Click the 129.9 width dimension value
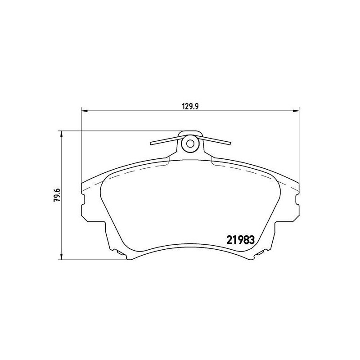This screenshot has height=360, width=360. [x=190, y=106]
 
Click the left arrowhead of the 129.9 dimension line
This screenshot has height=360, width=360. [x=84, y=111]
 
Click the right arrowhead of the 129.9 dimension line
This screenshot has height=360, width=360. [x=297, y=111]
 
